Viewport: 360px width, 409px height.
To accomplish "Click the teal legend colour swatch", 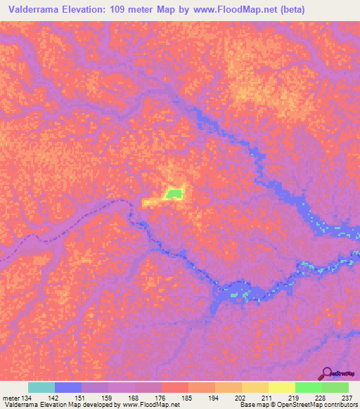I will [41, 387].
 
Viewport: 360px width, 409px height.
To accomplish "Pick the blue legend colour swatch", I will [68, 387].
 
